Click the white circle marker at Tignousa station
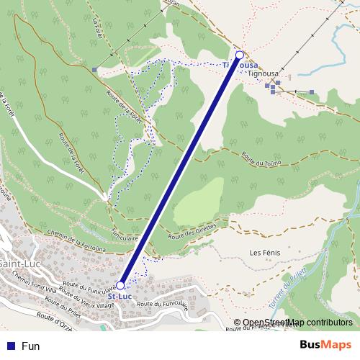pos(240,55)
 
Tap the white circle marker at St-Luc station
pos(120,286)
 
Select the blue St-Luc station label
pos(119,297)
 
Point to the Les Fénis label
pos(264,253)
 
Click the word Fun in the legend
pos(31,346)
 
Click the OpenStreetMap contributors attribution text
pos(297,323)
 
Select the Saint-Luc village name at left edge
pos(13,264)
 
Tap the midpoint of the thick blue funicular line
pos(180,170)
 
